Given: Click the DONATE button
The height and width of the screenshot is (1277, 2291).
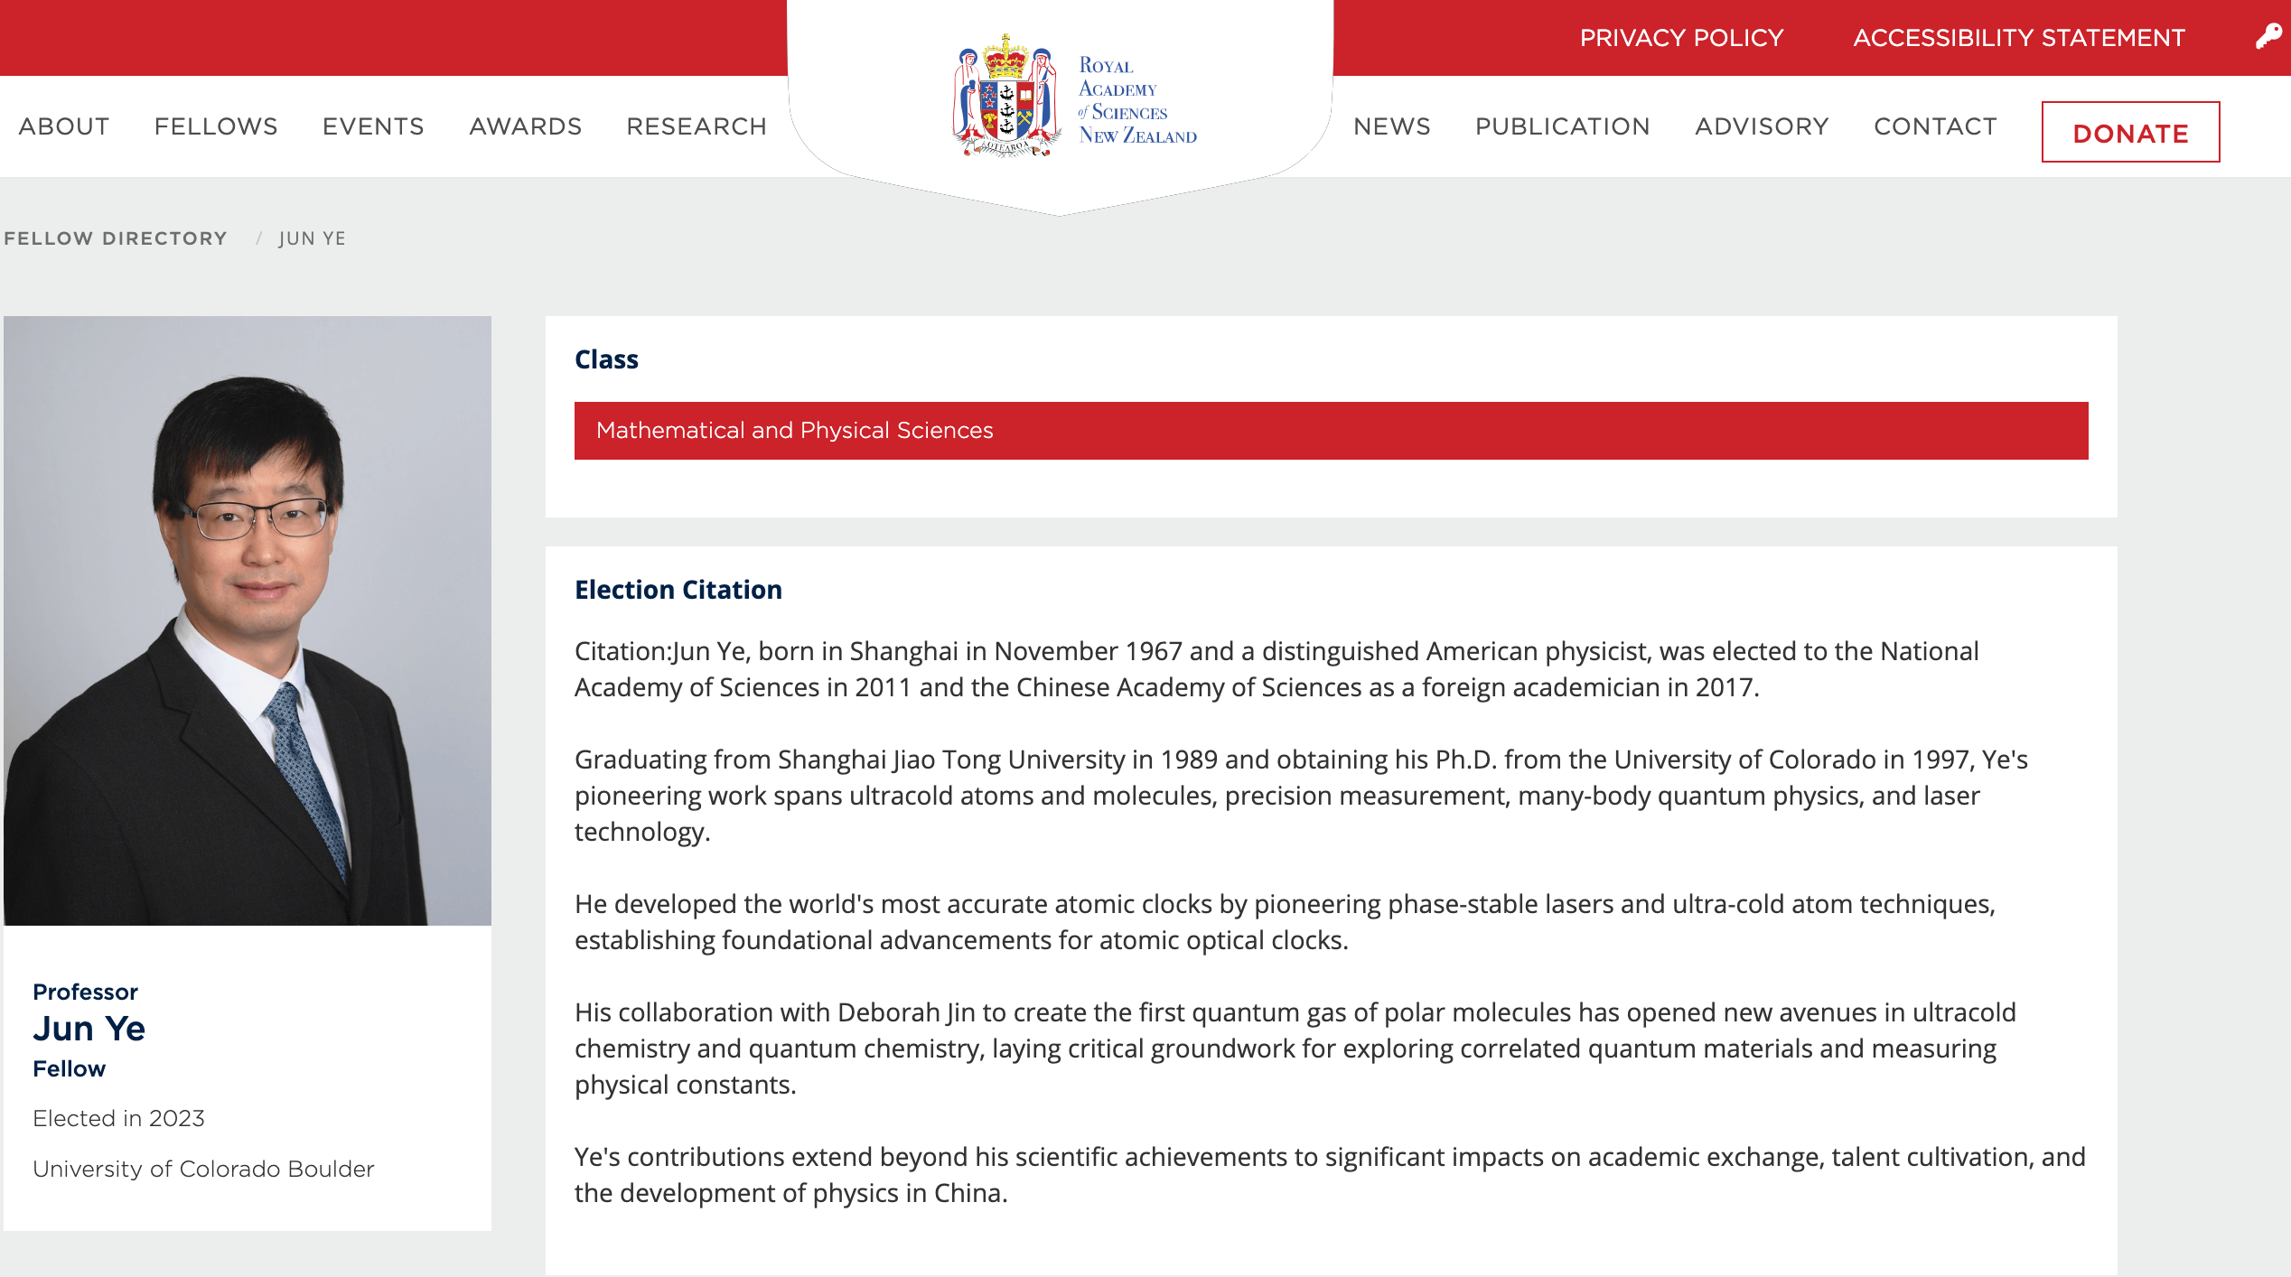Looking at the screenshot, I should tap(2130, 133).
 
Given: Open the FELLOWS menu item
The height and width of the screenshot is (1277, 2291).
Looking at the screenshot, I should tap(216, 126).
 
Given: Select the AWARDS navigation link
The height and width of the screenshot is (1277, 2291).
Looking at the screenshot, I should tap(525, 126).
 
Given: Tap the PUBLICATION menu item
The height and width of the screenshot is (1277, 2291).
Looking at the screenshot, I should tap(1562, 126).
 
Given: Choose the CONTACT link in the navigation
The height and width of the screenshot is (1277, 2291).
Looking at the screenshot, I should tap(1935, 126).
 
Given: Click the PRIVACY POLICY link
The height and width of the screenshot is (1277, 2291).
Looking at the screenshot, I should tap(1681, 38).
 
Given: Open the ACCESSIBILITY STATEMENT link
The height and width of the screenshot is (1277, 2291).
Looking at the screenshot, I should tap(2018, 38).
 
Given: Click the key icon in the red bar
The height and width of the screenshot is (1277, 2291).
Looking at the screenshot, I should tap(2268, 36).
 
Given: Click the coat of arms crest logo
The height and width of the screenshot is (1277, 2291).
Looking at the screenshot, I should tap(1006, 98).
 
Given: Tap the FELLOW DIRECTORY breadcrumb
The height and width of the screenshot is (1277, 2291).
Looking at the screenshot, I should tap(116, 238).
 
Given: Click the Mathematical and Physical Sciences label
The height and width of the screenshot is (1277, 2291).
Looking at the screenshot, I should tap(794, 431).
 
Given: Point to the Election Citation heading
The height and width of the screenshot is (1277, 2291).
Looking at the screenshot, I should tap(678, 590).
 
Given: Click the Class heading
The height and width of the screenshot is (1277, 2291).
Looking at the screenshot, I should tap(606, 359).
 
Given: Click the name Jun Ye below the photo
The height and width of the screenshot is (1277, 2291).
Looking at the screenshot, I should tap(89, 1029).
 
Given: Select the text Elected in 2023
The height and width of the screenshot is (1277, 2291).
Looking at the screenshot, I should tap(118, 1118).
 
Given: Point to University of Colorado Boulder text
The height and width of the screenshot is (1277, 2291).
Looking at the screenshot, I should tap(203, 1169).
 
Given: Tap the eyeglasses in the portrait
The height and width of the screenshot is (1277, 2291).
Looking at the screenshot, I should tap(262, 518).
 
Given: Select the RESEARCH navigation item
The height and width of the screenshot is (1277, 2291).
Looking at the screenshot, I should tap(697, 126).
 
